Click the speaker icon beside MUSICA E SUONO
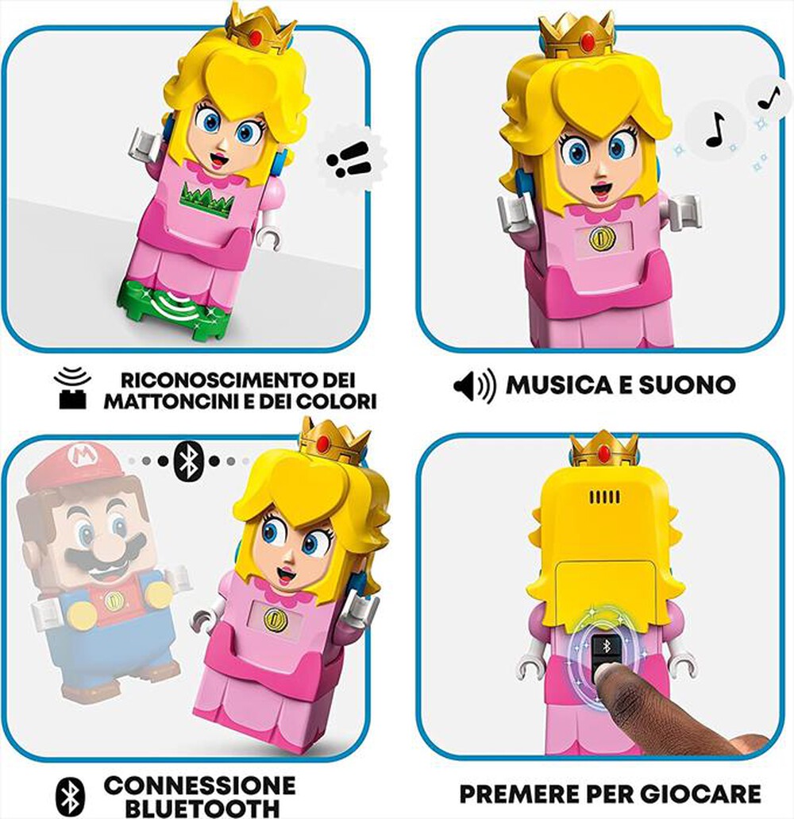click(474, 386)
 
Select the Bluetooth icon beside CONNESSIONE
click(70, 797)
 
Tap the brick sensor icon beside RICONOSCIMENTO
click(71, 388)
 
